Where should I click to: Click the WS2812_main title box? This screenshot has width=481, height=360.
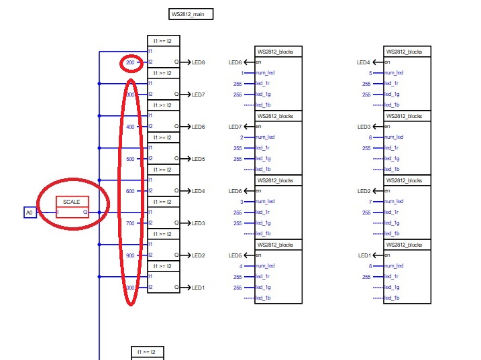tap(191, 14)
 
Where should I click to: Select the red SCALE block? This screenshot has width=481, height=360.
tap(72, 207)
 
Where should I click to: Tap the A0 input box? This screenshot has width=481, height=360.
tap(29, 213)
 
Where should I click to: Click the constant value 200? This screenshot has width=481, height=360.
tap(130, 62)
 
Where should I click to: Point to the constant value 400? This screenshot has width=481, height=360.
tap(130, 127)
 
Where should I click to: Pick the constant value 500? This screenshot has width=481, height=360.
tap(130, 159)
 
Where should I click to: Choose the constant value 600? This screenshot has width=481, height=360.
tap(130, 191)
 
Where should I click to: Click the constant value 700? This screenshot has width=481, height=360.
tap(130, 223)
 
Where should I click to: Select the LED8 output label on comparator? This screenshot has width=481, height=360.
tap(199, 62)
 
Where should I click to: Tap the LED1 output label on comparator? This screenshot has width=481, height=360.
tap(199, 288)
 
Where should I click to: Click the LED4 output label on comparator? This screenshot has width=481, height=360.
tap(199, 191)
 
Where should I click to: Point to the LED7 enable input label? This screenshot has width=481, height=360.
tap(235, 127)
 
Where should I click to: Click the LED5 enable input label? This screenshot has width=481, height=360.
tap(235, 255)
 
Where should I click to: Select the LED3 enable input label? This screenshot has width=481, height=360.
tap(364, 127)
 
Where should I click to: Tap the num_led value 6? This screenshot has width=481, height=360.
tap(370, 137)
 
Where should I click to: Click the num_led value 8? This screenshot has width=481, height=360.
tap(370, 266)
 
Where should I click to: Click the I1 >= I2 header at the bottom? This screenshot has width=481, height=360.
tap(147, 352)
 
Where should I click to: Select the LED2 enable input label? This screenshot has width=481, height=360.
tap(364, 191)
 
